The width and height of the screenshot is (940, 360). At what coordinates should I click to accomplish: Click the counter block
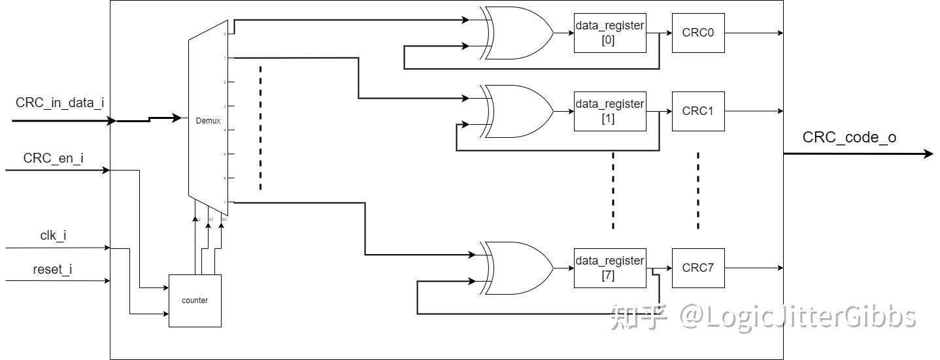(x=195, y=301)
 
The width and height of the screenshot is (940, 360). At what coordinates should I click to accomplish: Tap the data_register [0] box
(x=609, y=33)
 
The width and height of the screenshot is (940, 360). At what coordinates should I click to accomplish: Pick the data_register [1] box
(x=609, y=111)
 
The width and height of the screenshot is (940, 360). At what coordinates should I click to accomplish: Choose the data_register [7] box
(x=609, y=268)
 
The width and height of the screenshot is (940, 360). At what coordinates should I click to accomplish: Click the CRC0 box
(x=697, y=33)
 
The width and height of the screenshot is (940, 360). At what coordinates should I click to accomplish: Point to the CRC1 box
(x=697, y=111)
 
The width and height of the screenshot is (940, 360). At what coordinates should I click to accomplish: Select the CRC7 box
(x=697, y=268)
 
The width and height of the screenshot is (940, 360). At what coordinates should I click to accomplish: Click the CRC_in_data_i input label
(x=59, y=103)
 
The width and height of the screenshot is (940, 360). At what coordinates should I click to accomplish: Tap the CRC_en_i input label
(x=53, y=158)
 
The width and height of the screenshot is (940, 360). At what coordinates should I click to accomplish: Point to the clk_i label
(x=52, y=236)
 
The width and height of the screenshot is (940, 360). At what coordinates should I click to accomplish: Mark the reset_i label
(x=52, y=269)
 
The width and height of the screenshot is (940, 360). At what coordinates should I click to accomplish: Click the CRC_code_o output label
(x=849, y=138)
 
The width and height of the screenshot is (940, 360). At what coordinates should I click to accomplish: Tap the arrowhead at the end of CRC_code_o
(x=929, y=154)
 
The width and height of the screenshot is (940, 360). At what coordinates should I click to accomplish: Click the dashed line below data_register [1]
(x=613, y=190)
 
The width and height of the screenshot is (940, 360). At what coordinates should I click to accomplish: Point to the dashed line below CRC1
(x=697, y=190)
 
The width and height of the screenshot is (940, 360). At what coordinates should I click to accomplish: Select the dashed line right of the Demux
(x=260, y=127)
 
